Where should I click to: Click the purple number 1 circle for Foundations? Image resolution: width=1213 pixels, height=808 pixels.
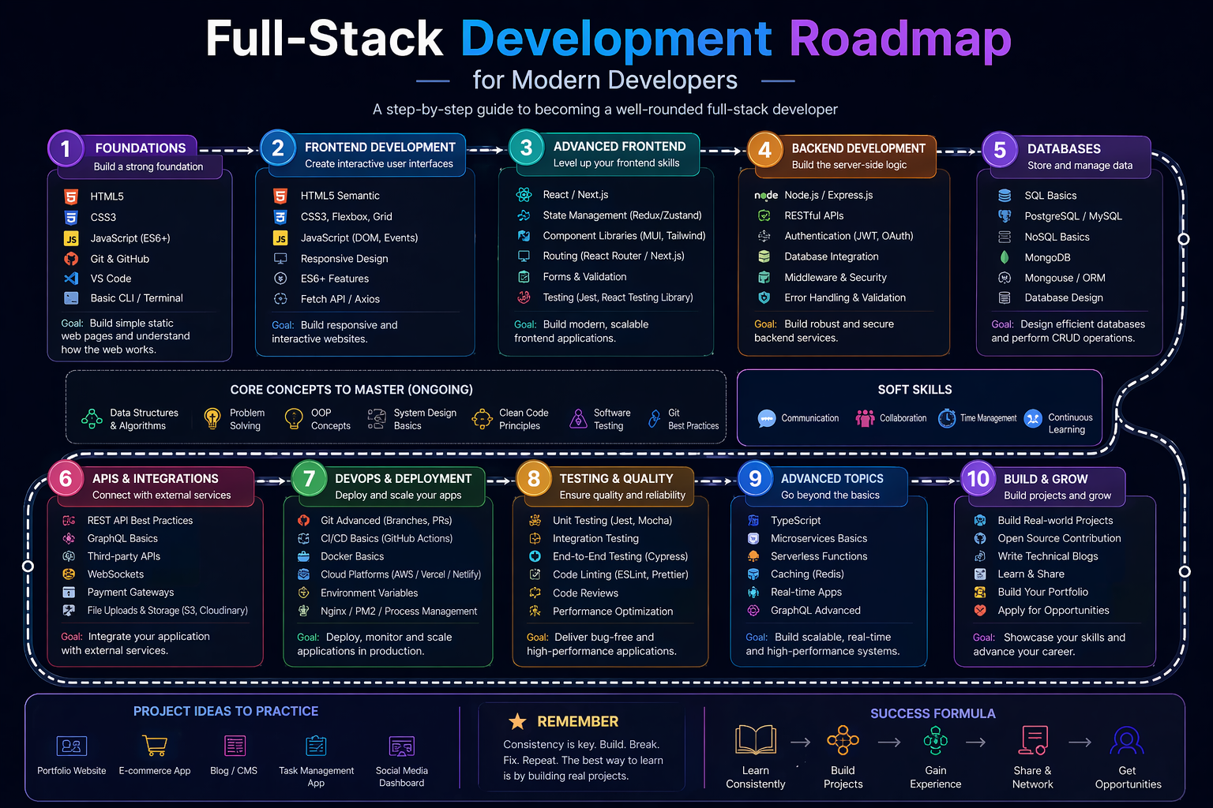[66, 148]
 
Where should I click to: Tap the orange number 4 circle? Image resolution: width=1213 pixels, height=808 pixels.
[764, 149]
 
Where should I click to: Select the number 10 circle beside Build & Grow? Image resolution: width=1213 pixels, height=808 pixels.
[978, 479]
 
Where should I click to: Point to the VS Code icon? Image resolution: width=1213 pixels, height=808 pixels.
[71, 279]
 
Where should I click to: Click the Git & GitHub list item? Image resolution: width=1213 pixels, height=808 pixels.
[119, 259]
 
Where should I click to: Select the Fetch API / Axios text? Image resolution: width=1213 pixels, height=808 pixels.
[340, 299]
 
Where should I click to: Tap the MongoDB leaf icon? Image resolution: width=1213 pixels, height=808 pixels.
[1005, 257]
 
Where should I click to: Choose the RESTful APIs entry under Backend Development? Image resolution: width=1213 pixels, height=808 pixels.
[813, 215]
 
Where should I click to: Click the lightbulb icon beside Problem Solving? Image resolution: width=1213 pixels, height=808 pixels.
[212, 418]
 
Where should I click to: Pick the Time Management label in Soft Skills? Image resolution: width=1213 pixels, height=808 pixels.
[988, 418]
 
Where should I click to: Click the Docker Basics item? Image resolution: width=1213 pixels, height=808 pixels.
[351, 556]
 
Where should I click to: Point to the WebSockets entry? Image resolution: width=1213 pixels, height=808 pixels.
[115, 574]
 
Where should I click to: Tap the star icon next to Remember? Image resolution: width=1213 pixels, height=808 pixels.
[517, 721]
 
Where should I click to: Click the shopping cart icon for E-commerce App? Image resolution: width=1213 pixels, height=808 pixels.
[155, 745]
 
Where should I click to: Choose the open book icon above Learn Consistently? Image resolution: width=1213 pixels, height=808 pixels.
[756, 741]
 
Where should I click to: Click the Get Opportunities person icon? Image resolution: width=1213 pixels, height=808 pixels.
[1127, 741]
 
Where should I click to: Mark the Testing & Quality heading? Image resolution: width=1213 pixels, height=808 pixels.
[616, 478]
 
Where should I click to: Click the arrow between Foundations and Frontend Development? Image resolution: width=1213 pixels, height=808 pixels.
[229, 150]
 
